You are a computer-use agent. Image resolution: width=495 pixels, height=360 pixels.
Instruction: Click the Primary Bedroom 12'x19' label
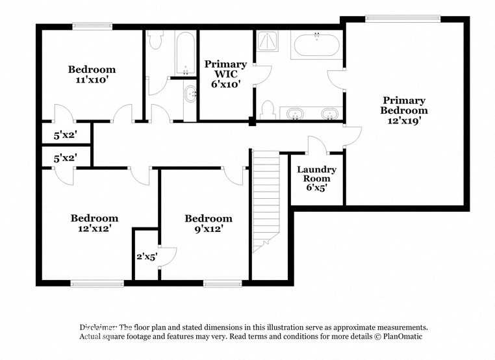coord(403,110)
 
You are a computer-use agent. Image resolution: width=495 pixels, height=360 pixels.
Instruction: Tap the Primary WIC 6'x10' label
coord(225,73)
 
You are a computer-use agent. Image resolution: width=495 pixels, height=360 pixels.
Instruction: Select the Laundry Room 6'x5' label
coord(316,178)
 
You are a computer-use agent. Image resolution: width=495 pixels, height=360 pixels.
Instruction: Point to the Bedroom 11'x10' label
coord(92,75)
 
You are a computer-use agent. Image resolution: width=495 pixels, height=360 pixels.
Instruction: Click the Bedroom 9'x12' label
coord(208,224)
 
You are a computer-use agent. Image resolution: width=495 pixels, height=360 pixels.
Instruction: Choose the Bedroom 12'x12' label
coord(94,224)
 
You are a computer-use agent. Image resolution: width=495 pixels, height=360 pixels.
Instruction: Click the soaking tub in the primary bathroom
coord(316,45)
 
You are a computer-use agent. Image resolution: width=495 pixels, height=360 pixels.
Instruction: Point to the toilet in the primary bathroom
coord(268,111)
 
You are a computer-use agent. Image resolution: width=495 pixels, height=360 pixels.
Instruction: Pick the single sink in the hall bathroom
coord(191,96)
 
